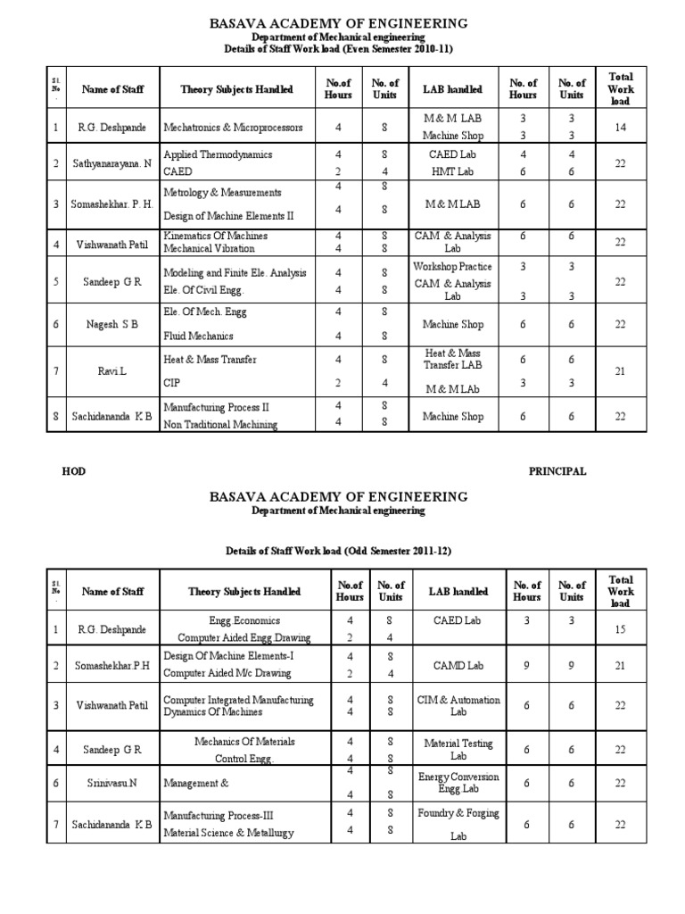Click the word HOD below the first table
pyautogui.click(x=74, y=471)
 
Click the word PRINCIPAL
pyautogui.click(x=557, y=471)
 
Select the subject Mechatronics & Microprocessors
pyautogui.click(x=233, y=128)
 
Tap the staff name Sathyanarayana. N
pyautogui.click(x=112, y=163)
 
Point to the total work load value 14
pyautogui.click(x=619, y=128)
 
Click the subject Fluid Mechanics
pyautogui.click(x=198, y=336)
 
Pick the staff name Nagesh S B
pyautogui.click(x=112, y=324)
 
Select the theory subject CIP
pyautogui.click(x=172, y=382)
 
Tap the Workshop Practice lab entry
pyautogui.click(x=452, y=266)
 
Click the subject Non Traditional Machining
pyautogui.click(x=220, y=425)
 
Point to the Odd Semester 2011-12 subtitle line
pyautogui.click(x=337, y=551)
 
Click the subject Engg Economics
pyautogui.click(x=244, y=620)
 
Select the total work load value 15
pyautogui.click(x=621, y=629)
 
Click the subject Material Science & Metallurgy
pyautogui.click(x=228, y=833)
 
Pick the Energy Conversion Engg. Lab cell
pyautogui.click(x=458, y=783)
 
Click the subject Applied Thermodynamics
pyautogui.click(x=218, y=154)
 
